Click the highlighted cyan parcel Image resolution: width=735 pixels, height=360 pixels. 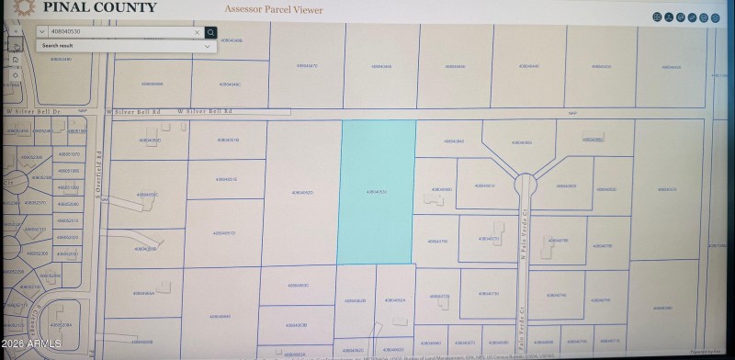pyautogui.click(x=378, y=191)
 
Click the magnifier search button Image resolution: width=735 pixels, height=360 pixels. pyautogui.click(x=211, y=32)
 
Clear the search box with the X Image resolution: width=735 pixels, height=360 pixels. pyautogui.click(x=197, y=32)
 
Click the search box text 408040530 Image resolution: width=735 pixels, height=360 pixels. pyautogui.click(x=66, y=32)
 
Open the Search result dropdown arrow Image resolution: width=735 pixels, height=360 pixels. pyautogui.click(x=207, y=45)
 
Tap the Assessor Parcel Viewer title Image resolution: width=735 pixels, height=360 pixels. pyautogui.click(x=273, y=9)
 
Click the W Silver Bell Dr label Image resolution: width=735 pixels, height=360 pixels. pyautogui.click(x=33, y=111)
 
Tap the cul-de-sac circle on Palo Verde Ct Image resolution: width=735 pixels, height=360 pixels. pyautogui.click(x=525, y=183)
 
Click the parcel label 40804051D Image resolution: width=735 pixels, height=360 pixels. pyautogui.click(x=224, y=233)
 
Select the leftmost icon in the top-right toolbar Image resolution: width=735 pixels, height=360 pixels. pyautogui.click(x=658, y=17)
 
